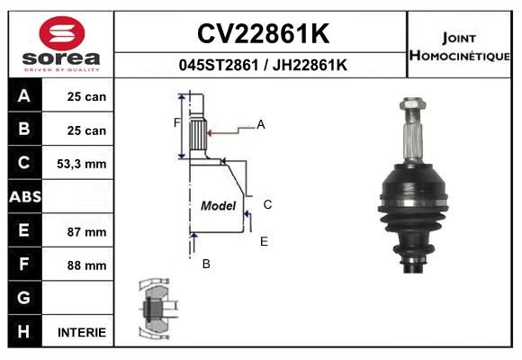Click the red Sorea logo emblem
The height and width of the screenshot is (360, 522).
click(62, 33)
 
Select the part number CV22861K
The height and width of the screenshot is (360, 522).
click(263, 33)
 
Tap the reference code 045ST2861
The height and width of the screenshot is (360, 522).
click(219, 65)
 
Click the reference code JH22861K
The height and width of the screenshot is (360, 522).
click(310, 65)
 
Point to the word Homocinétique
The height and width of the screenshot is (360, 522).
click(459, 56)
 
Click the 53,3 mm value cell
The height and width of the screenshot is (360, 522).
click(82, 164)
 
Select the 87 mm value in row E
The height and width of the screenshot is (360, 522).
click(86, 232)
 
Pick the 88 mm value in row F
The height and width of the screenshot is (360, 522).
click(86, 265)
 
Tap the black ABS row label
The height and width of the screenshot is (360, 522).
click(25, 196)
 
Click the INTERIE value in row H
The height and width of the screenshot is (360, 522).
click(82, 332)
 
